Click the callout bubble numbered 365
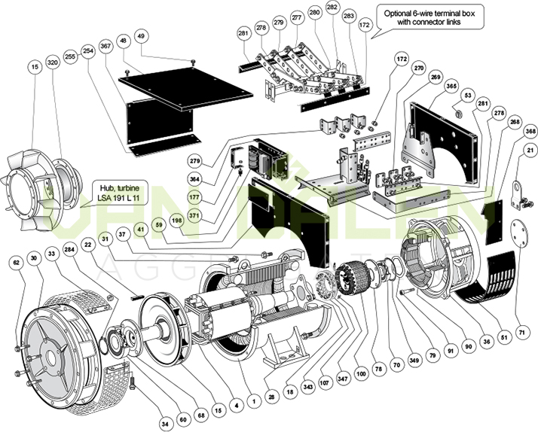[x=451, y=87]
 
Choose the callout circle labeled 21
[x=530, y=152]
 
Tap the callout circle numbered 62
[x=15, y=263]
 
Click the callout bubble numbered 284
[x=69, y=248]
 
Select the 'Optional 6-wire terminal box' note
[x=431, y=18]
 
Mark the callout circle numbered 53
[x=468, y=96]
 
